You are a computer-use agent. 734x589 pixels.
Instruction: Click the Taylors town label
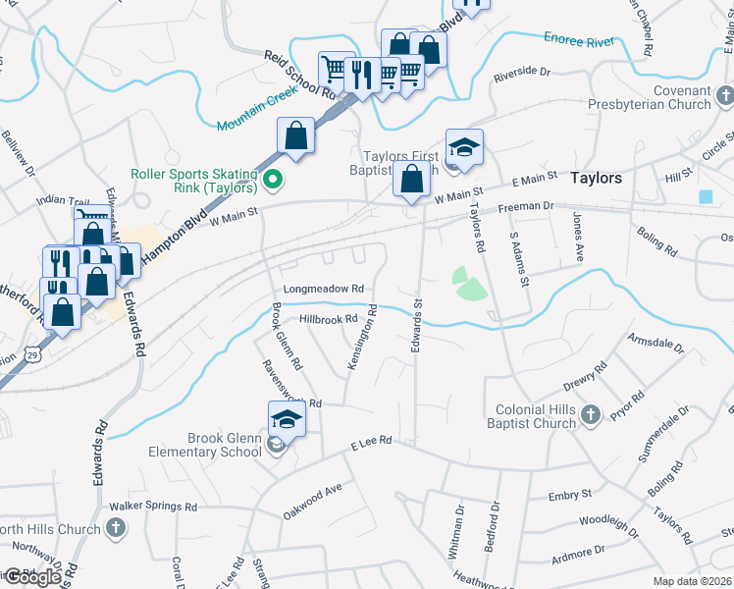tap(596, 178)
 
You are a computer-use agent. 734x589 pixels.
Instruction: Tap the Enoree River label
tap(579, 40)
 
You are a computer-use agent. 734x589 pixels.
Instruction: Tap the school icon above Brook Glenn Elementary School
tap(286, 419)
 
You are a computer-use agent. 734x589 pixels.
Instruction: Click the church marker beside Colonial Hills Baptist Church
tap(590, 414)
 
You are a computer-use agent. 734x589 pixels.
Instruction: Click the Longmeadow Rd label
tap(324, 290)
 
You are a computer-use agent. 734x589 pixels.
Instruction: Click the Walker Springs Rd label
tap(153, 507)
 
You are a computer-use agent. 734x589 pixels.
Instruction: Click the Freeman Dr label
tap(526, 207)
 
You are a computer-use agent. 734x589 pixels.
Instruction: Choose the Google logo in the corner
tap(32, 577)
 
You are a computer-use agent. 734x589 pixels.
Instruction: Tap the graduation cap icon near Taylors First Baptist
tap(464, 147)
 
